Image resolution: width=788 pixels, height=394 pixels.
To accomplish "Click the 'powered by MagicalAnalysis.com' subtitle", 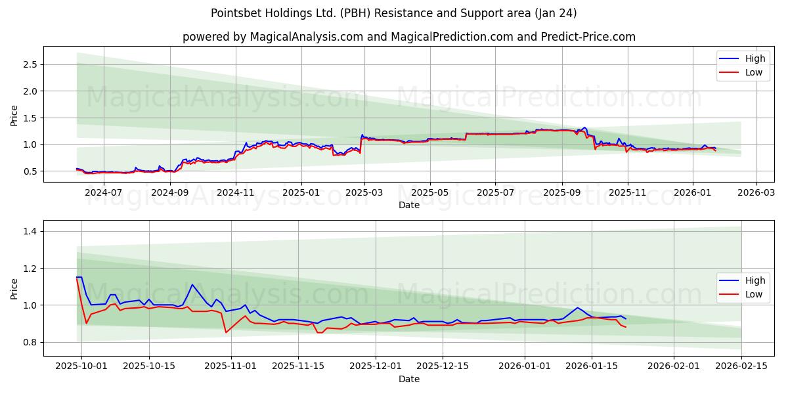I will click(408, 37).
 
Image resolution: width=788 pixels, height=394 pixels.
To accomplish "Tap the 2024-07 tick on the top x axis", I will click(104, 193).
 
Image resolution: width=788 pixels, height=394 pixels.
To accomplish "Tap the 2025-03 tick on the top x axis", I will click(364, 193).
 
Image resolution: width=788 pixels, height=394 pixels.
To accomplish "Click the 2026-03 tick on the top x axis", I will click(756, 193).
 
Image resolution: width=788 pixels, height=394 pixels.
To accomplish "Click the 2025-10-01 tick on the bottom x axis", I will click(81, 366).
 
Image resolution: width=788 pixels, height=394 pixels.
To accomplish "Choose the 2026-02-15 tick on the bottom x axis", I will click(741, 366).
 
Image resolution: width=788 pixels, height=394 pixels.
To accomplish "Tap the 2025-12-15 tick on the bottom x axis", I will click(443, 366).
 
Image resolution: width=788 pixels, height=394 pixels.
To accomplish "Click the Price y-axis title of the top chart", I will click(14, 115).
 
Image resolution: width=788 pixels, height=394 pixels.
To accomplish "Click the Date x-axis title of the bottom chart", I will click(408, 379).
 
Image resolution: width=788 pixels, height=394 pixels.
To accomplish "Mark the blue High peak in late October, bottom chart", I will click(191, 284).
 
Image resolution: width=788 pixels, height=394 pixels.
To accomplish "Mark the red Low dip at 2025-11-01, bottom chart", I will click(226, 332).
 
